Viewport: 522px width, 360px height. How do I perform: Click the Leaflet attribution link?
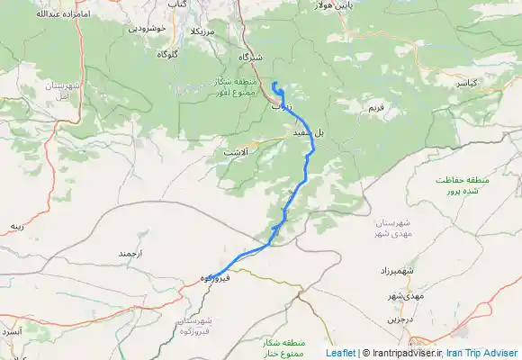tap(340, 354)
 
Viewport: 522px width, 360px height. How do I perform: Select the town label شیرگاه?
tap(247, 57)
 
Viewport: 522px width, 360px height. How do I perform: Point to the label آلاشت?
tap(236, 153)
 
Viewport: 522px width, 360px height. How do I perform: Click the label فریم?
tap(375, 108)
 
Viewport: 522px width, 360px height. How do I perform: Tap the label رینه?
tap(16, 226)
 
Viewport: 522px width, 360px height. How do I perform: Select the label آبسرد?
tap(10, 332)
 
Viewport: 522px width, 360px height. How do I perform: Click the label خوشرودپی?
tap(148, 28)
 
